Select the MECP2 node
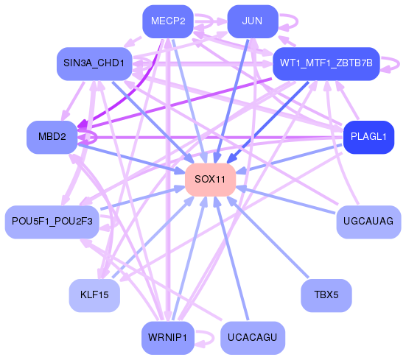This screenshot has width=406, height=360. (x=167, y=21)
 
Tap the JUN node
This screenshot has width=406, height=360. (x=252, y=21)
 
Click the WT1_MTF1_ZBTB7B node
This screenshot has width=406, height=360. (x=325, y=64)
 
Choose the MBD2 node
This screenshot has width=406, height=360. (x=52, y=138)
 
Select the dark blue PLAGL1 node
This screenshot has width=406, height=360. (x=368, y=138)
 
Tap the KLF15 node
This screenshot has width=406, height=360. (x=94, y=295)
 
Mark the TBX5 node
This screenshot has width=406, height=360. (x=326, y=295)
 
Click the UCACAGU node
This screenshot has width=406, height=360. (x=252, y=338)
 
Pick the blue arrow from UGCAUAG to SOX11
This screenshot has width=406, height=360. (x=287, y=200)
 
